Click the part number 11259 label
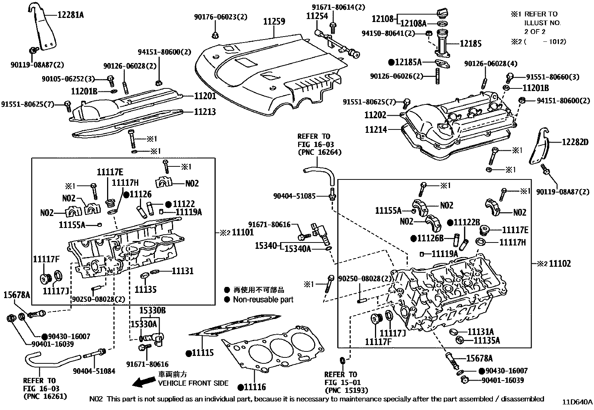tap(274, 21)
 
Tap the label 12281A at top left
tap(71, 15)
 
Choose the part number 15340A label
tap(298, 248)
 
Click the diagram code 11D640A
tap(577, 402)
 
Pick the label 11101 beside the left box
tap(243, 232)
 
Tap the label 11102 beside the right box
tap(560, 264)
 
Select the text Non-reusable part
tap(263, 300)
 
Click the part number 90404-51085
tap(294, 195)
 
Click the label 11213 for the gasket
tap(205, 112)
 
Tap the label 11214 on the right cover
tap(376, 129)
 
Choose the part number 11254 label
tap(317, 16)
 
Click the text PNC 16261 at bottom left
tap(45, 396)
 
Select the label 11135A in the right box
tap(487, 340)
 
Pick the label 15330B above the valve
tap(153, 310)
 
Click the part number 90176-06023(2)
tap(215, 17)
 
